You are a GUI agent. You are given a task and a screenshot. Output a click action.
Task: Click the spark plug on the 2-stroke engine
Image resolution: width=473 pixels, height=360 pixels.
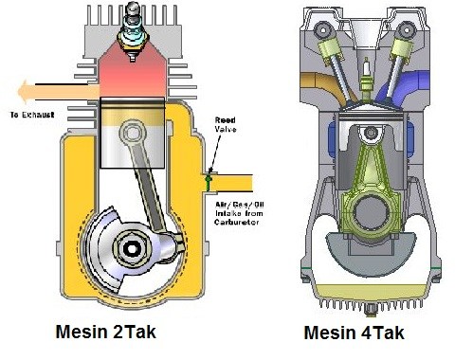(133, 30)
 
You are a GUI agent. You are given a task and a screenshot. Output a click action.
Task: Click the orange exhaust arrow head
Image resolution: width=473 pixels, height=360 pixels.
(24, 92)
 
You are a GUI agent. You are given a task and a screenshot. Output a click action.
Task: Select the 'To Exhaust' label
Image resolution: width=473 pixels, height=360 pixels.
(32, 115)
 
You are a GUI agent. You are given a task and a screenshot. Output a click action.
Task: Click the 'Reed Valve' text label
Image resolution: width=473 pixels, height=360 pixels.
(226, 124)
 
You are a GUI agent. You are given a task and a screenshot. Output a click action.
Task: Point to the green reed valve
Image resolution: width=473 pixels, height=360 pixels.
(208, 183)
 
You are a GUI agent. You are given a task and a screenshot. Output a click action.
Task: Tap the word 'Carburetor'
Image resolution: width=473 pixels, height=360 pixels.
(237, 222)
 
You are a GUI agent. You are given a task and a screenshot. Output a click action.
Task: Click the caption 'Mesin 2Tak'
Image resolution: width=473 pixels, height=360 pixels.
(106, 333)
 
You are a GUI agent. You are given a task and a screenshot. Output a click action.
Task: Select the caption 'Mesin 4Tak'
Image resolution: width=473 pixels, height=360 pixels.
(355, 333)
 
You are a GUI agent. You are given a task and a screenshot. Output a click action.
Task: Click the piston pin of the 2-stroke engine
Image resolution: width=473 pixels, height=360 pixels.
(133, 133)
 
